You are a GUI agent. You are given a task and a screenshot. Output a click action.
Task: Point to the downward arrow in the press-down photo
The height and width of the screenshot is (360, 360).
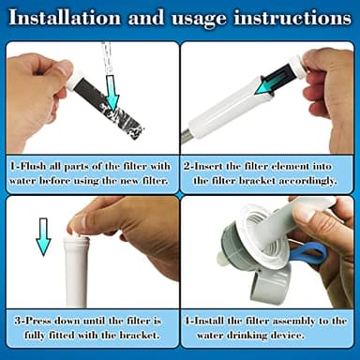point(43,236)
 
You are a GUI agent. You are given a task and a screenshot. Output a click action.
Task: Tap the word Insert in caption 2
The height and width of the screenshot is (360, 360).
point(216,164)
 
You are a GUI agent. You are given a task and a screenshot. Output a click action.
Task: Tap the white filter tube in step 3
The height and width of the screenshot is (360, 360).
point(75,272)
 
